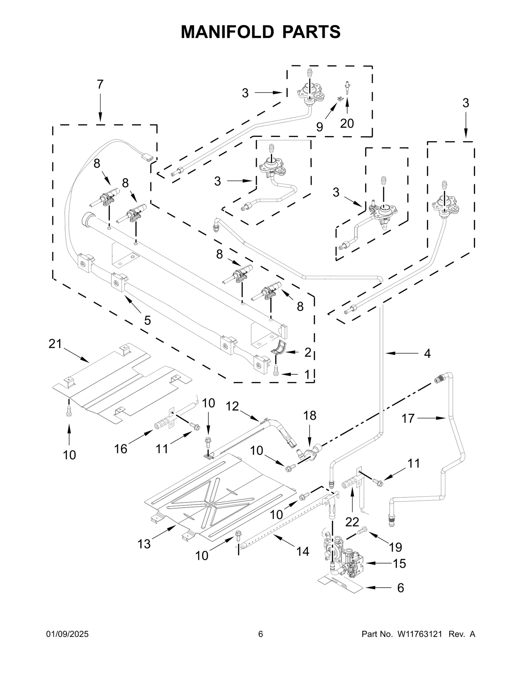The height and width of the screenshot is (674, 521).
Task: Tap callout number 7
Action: (x=100, y=85)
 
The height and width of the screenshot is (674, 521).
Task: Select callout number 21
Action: (x=55, y=344)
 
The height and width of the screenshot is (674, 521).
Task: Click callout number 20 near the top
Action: (x=347, y=124)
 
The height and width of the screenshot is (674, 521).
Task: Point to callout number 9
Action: (x=319, y=127)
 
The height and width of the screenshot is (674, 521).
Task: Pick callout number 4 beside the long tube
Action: (x=427, y=353)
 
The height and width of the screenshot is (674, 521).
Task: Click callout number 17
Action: (x=408, y=419)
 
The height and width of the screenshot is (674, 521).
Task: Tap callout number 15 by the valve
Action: (x=399, y=563)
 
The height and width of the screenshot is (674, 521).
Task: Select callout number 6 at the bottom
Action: (x=401, y=588)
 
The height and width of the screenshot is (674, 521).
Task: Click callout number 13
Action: (x=144, y=544)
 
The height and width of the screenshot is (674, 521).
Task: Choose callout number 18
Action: (x=310, y=416)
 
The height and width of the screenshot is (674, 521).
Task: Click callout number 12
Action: (x=232, y=406)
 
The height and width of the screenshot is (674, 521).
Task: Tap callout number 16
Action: (x=120, y=449)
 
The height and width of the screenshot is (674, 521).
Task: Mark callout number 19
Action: (x=396, y=547)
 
